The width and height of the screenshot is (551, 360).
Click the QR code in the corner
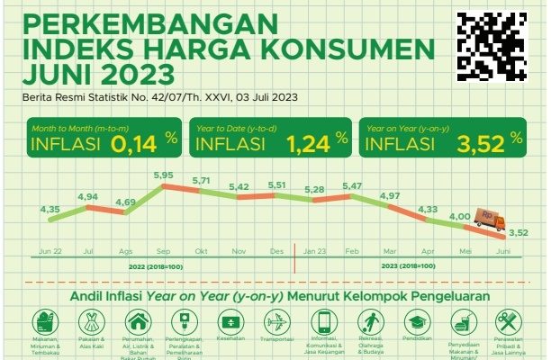point(492,46)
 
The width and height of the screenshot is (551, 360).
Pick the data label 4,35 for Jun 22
point(50,209)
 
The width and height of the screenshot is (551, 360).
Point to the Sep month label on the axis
point(163,250)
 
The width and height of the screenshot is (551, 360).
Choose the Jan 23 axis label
point(314,250)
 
